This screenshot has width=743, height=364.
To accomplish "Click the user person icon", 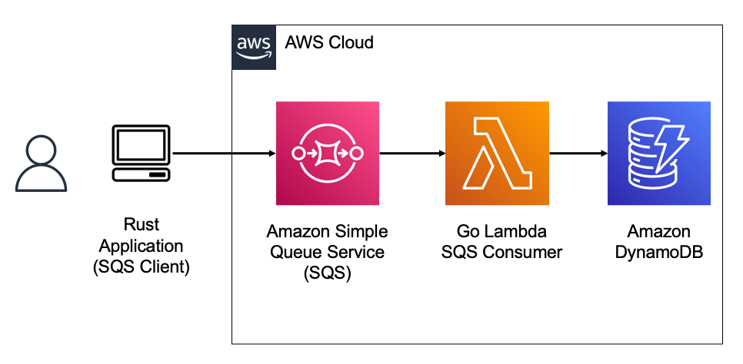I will tap(42, 162).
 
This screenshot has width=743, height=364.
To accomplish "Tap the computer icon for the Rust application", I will tap(142, 154).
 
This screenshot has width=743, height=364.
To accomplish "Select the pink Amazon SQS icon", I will tap(328, 154).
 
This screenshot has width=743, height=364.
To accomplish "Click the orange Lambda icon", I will tap(497, 154).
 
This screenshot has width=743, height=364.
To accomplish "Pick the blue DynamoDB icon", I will tap(659, 154).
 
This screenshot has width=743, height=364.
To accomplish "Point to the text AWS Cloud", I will tap(328, 42).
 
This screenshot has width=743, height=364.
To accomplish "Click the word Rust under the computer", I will tap(142, 225).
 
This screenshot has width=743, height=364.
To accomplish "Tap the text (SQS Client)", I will tap(142, 269).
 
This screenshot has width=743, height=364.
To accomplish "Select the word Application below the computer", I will tap(142, 247).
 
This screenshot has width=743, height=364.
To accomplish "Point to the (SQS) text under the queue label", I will tap(328, 273).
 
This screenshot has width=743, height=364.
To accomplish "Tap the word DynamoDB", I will tap(659, 252).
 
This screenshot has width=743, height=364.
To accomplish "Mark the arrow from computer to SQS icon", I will tap(223, 154).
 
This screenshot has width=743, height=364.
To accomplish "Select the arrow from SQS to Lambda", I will tap(411, 154).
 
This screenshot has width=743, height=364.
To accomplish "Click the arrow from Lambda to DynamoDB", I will tap(577, 154).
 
